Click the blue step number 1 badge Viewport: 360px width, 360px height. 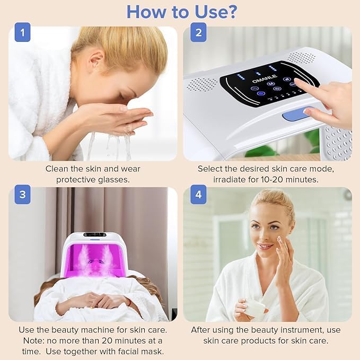pos(22,32)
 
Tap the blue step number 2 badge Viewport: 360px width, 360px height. pos(198,32)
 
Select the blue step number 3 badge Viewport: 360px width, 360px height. pos(22,194)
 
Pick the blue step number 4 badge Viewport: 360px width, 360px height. pos(198,194)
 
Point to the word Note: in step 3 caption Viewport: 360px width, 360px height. pos(34,340)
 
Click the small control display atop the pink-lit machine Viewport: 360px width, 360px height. pos(95,235)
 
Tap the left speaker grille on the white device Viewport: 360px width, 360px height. pos(202,84)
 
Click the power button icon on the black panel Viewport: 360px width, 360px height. pos(277,89)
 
